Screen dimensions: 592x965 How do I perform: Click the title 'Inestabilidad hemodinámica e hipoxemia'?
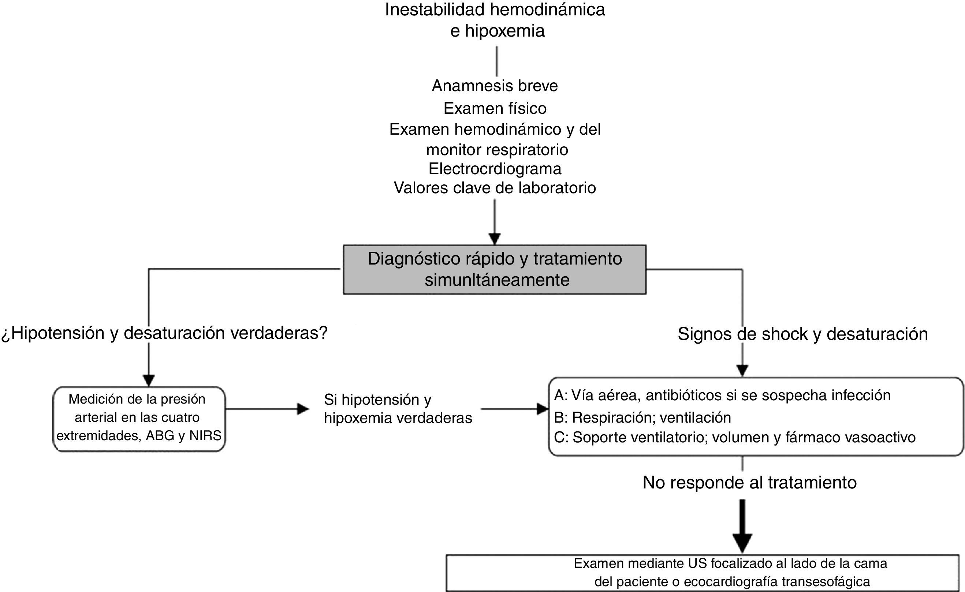coord(495,20)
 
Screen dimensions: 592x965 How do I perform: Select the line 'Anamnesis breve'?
coord(495,86)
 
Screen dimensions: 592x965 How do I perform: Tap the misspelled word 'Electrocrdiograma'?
coord(495,169)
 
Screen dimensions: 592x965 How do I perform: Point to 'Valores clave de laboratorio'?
coord(495,188)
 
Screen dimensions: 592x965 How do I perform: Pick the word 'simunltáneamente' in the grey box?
coord(497,280)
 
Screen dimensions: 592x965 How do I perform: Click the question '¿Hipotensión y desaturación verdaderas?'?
coord(164,333)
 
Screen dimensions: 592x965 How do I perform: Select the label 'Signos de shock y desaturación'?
coord(802,334)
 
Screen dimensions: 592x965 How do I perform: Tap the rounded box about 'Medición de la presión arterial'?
coord(139,419)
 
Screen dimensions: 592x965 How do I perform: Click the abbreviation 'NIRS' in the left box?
coord(206,436)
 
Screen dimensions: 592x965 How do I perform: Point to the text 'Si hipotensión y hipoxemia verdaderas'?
coord(398,409)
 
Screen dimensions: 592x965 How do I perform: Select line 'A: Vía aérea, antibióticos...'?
coord(722,396)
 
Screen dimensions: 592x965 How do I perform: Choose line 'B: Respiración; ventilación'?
coord(642,417)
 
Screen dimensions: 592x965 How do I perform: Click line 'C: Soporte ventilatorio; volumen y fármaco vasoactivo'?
coord(734,437)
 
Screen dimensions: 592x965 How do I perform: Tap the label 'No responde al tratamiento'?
coord(749,482)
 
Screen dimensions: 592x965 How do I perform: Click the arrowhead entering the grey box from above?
coord(495,238)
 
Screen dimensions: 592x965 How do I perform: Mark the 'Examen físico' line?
coord(495,108)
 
